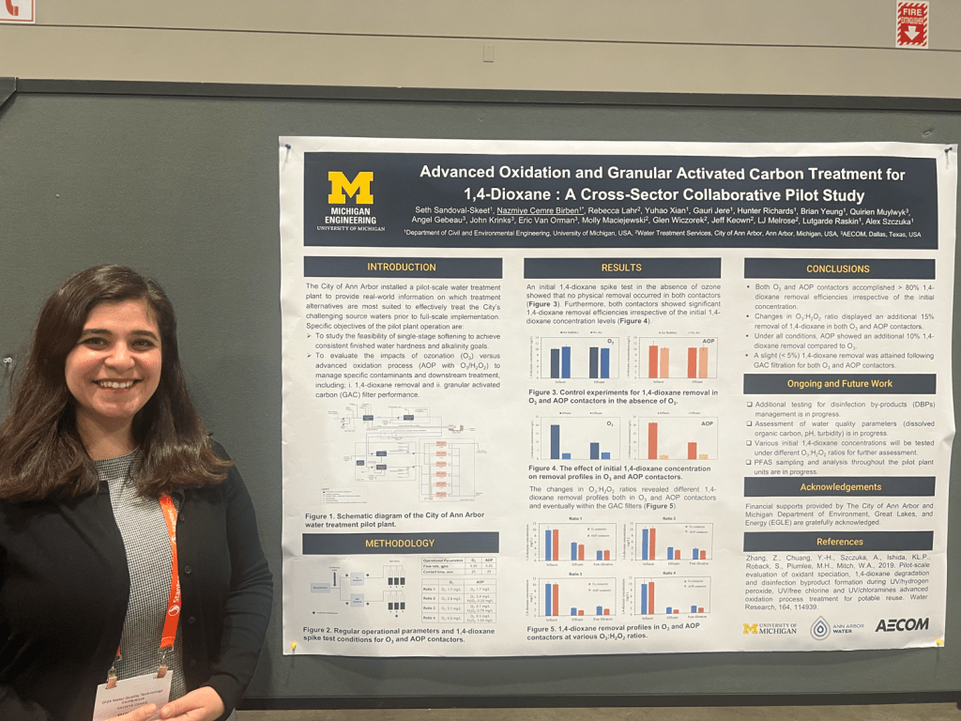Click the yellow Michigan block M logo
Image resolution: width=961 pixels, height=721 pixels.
coord(350,188)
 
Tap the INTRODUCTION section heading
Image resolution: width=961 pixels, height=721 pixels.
coord(402,268)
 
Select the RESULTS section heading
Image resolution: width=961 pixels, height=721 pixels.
coord(621,268)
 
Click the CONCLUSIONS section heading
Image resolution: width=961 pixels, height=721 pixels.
coord(838,268)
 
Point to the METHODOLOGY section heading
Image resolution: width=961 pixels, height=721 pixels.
coord(400,543)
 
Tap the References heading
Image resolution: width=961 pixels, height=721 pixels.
coord(839,542)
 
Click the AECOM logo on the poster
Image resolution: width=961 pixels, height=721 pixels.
coord(901,624)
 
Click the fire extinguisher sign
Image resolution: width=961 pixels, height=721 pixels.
coord(911,23)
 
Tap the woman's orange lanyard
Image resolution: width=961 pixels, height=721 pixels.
coord(169,573)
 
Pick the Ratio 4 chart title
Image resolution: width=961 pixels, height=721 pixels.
coord(668,573)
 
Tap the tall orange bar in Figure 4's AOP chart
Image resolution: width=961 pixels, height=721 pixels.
coord(652,440)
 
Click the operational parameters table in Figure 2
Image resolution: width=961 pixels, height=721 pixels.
coord(458,589)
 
